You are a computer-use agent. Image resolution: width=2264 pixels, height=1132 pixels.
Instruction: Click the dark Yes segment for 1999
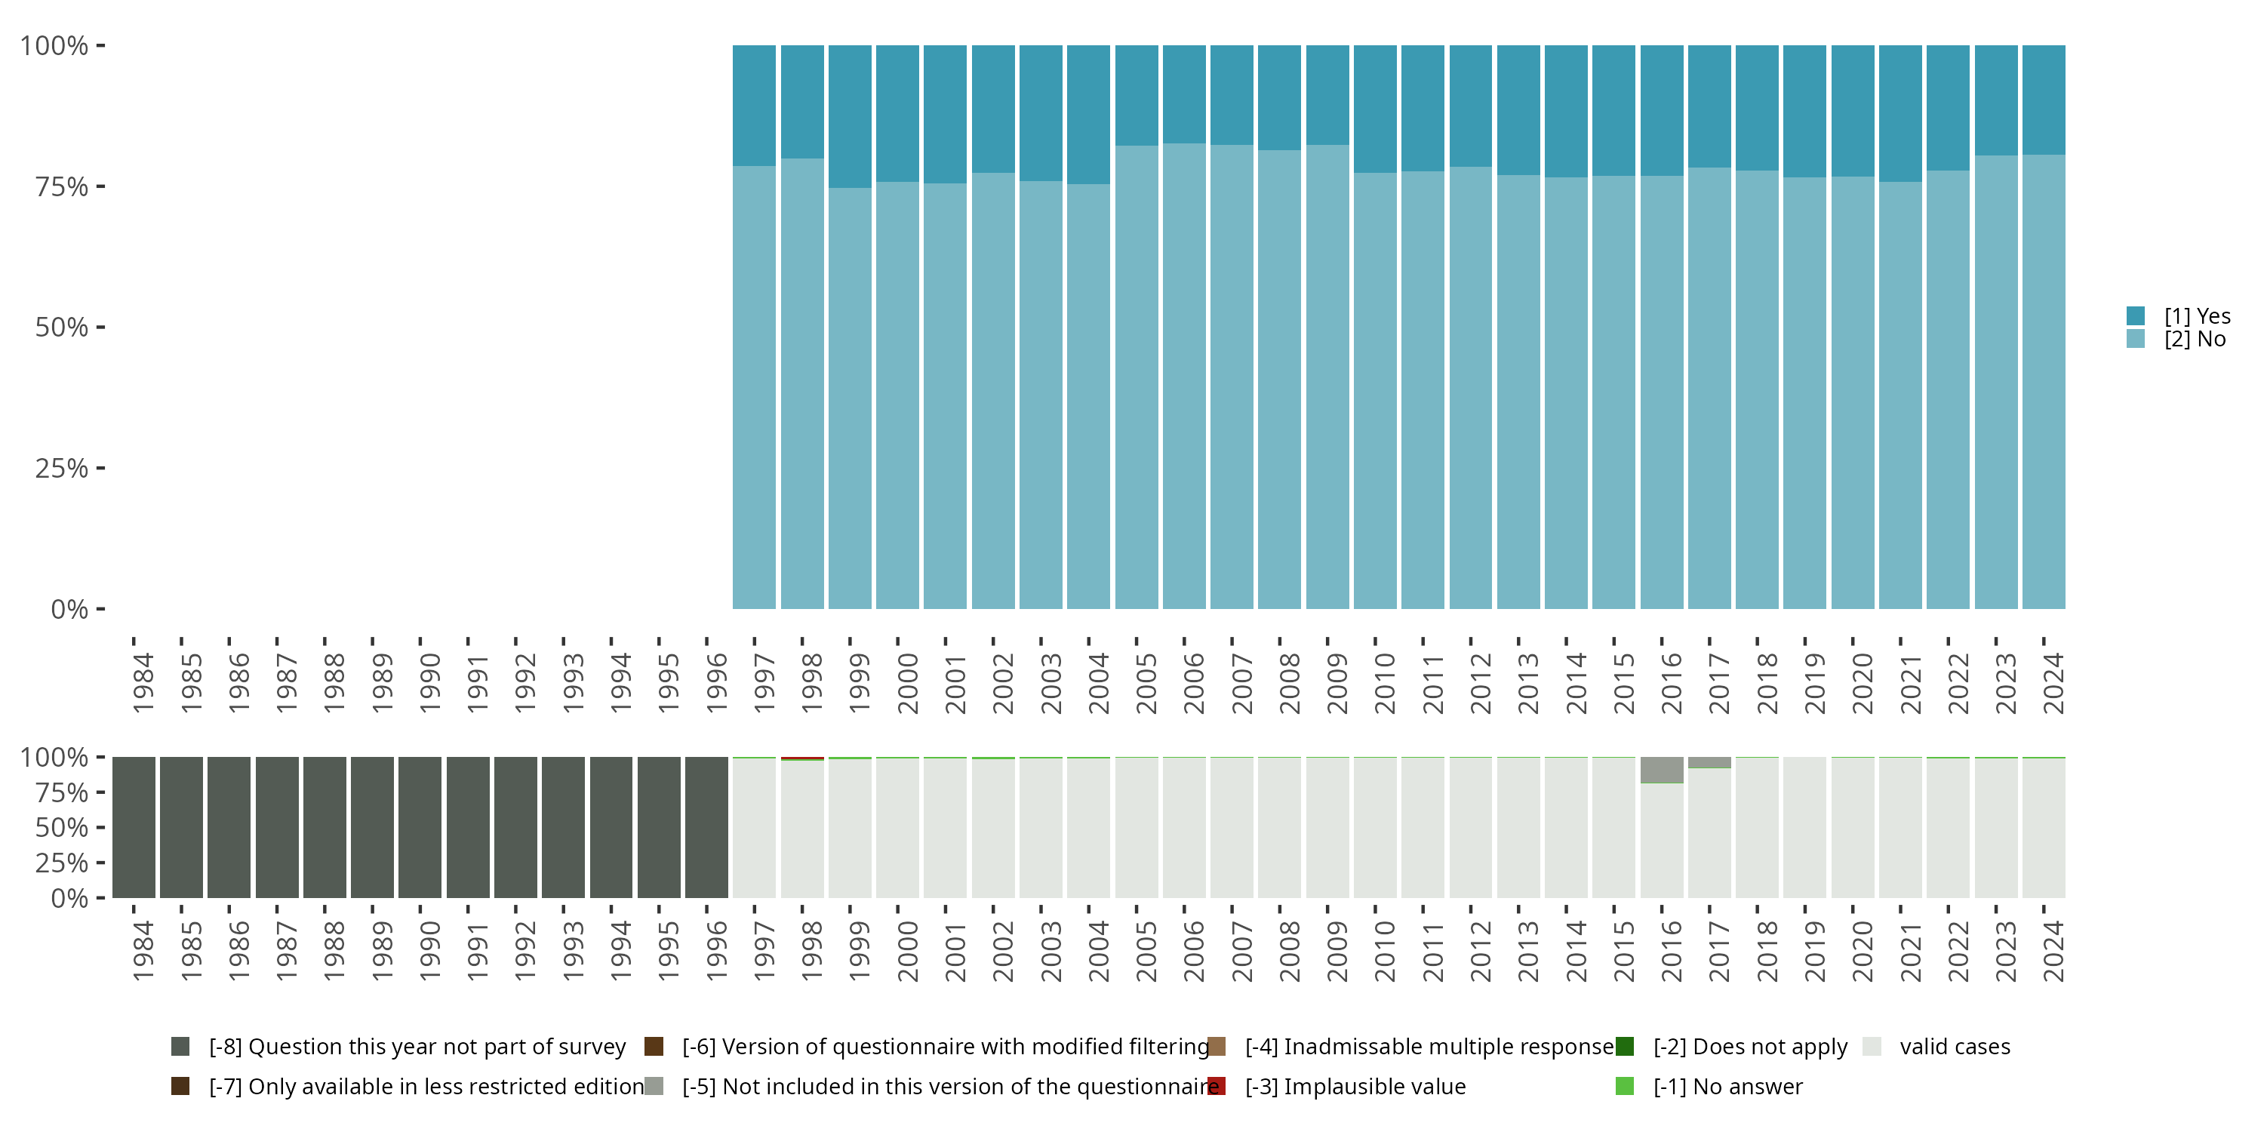850,116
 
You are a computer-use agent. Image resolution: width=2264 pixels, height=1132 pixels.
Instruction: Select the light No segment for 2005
1137,378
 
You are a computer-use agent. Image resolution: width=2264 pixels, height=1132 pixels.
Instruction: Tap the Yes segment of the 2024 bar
2044,100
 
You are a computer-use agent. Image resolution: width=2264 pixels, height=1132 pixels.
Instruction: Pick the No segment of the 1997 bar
754,386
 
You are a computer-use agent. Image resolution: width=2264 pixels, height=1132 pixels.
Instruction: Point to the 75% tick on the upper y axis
62,186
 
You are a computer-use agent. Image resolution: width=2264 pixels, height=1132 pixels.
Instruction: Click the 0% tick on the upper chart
69,609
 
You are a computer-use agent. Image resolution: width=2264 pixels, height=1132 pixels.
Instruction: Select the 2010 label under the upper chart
1384,683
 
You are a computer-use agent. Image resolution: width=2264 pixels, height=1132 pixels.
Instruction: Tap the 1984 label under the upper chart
143,683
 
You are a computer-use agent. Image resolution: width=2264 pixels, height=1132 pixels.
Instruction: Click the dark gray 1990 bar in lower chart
420,827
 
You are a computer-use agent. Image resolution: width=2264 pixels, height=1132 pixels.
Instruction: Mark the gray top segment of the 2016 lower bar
1661,769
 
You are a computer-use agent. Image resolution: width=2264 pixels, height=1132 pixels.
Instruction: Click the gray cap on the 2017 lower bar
1709,763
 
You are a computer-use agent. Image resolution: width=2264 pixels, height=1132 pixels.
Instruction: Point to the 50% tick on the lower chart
62,827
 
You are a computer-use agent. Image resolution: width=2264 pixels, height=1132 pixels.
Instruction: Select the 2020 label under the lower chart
1862,952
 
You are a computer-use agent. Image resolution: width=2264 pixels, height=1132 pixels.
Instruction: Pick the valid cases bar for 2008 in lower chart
1278,827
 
